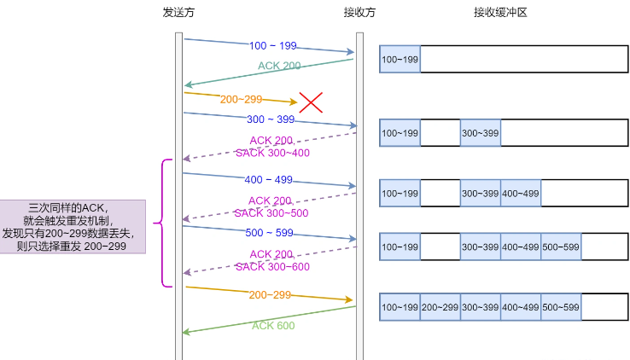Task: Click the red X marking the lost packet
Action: click(311, 102)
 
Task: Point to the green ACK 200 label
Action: click(279, 66)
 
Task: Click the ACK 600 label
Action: click(273, 325)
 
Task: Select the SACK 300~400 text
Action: click(272, 153)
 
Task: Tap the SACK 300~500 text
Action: click(272, 212)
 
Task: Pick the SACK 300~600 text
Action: click(272, 266)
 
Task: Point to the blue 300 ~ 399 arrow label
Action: click(271, 119)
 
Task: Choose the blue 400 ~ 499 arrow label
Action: click(269, 179)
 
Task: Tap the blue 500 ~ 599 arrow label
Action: click(269, 232)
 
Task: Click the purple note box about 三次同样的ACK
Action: click(73, 226)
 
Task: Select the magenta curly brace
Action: click(166, 223)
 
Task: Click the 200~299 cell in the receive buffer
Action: click(440, 307)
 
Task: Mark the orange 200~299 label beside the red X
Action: click(242, 99)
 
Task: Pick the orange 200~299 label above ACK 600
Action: click(270, 294)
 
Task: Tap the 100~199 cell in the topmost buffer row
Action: click(400, 60)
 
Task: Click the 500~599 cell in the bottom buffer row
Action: click(560, 307)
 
